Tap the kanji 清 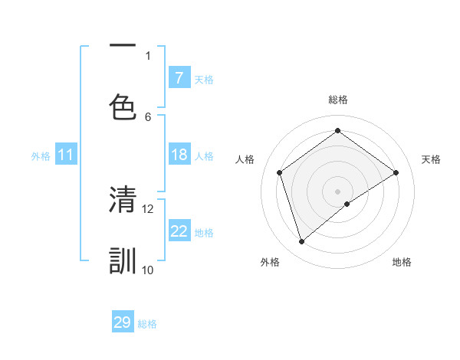tap(123, 200)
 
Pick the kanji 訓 tap(123, 260)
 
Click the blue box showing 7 tap(179, 77)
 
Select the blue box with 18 tap(179, 155)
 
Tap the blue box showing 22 tap(179, 231)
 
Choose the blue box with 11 tap(66, 155)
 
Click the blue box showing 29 tap(123, 322)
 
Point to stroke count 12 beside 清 tap(148, 208)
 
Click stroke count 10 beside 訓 tap(148, 270)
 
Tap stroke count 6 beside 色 tap(148, 116)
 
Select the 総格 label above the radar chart tap(337, 100)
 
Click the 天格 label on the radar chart tap(431, 159)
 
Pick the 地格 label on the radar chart tap(402, 262)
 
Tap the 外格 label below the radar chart tap(270, 262)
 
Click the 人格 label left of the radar tap(245, 159)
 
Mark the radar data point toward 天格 tap(396, 172)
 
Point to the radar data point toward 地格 tap(347, 204)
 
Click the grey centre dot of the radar tap(337, 190)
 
